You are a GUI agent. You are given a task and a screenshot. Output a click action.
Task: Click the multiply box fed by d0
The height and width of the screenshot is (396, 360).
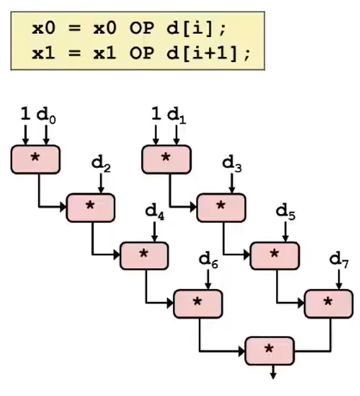pos(35,159)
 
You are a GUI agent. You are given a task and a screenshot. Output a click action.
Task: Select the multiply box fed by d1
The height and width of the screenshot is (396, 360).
pos(166,159)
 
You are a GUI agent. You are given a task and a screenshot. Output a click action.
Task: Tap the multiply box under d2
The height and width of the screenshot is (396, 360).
pos(91,208)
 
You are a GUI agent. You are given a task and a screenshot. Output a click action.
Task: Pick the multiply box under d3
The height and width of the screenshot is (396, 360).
pos(221,208)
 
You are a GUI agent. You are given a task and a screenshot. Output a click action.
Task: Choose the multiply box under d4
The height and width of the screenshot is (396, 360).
pos(144,256)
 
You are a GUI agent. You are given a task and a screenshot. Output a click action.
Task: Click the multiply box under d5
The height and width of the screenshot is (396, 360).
pos(275,256)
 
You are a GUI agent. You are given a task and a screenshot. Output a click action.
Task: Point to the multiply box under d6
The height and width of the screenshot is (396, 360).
pos(198,304)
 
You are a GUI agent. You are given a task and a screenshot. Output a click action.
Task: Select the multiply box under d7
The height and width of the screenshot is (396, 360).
pos(328,304)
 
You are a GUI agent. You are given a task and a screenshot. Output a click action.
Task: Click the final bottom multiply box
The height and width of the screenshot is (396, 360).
pos(269,351)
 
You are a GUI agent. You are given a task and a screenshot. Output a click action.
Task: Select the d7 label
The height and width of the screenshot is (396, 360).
pos(339,260)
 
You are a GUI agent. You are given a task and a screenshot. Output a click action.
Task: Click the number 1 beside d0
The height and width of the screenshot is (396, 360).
pos(25,115)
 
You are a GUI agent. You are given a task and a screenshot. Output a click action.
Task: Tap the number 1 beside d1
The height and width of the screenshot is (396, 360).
pos(155,115)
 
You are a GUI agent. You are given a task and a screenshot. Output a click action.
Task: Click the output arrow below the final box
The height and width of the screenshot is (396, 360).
pos(273,372)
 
